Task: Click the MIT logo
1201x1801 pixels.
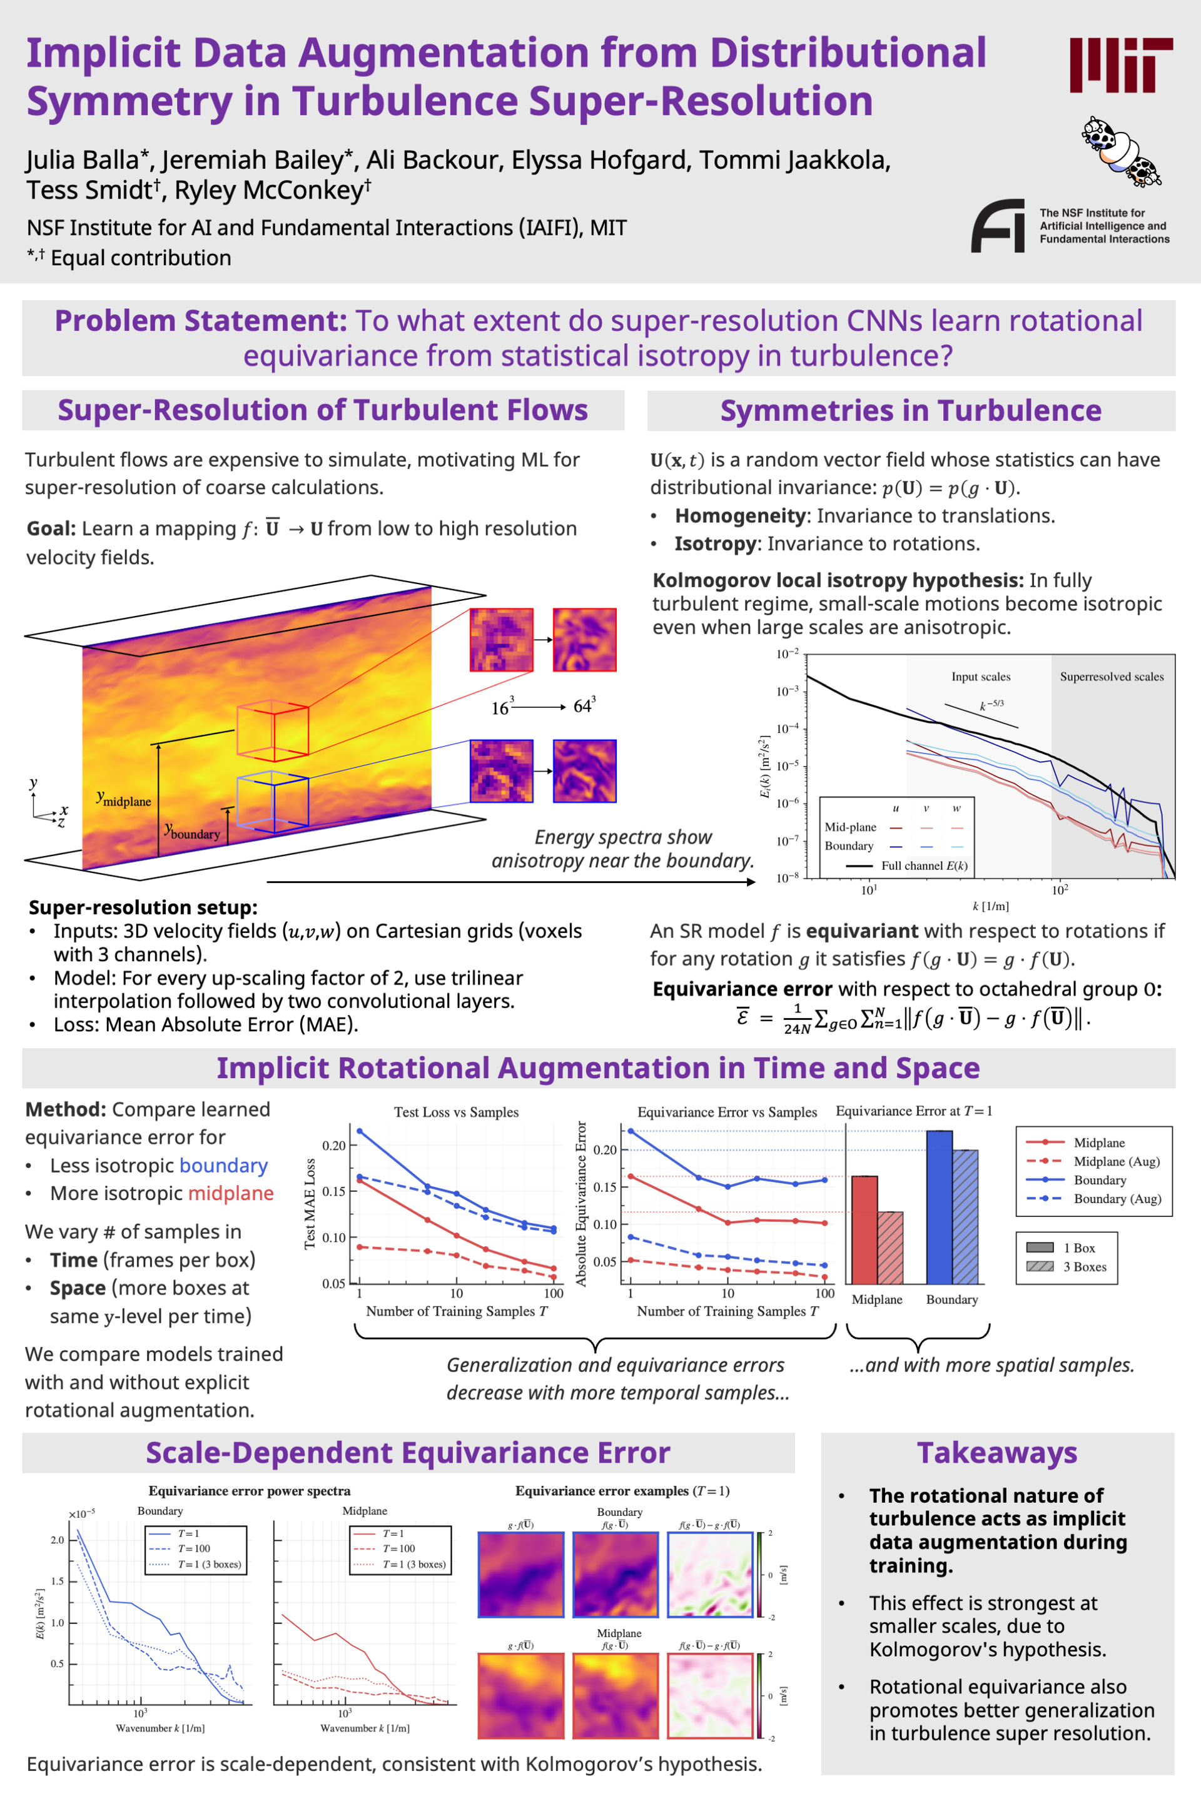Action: (x=1120, y=65)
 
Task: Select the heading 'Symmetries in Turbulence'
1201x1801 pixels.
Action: (x=910, y=410)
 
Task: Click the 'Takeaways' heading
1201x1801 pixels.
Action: (x=996, y=1453)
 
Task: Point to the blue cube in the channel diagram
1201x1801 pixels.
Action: (x=273, y=801)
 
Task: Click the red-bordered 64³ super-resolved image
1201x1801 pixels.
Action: (x=584, y=639)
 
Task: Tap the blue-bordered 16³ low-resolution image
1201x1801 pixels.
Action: (x=501, y=771)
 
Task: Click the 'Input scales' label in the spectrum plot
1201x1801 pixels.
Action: (x=980, y=677)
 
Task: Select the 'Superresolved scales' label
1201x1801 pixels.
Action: (x=1112, y=677)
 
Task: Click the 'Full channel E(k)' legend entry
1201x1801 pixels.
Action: (x=924, y=866)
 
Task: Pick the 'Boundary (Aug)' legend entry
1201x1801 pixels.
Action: (x=1116, y=1199)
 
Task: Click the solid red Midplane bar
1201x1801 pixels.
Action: (x=864, y=1231)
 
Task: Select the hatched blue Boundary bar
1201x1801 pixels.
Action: (x=965, y=1218)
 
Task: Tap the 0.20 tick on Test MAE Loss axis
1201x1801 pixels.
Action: (x=334, y=1146)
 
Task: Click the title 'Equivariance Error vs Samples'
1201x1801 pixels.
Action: (x=727, y=1112)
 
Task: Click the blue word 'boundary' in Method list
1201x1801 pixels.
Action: (x=224, y=1166)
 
